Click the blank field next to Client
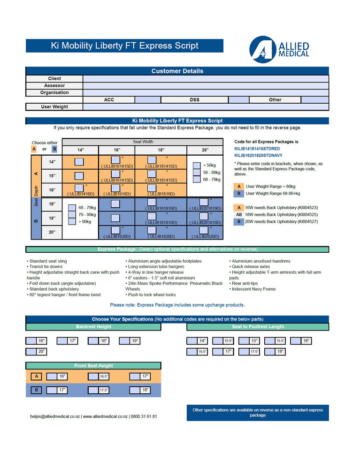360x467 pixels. click(x=206, y=79)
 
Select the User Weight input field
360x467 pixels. click(x=206, y=107)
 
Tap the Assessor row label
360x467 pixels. click(x=54, y=86)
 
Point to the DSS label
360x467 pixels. click(x=194, y=100)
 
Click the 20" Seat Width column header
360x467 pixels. click(x=205, y=150)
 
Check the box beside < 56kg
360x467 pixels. click(x=197, y=166)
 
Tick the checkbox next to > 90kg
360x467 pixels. click(x=72, y=222)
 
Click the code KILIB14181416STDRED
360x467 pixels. click(x=257, y=148)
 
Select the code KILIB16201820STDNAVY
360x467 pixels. click(x=258, y=155)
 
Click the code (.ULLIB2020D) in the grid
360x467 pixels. click(x=205, y=237)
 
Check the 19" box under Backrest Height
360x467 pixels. click(x=124, y=341)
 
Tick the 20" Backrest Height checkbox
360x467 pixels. click(x=31, y=352)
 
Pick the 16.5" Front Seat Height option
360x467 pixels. click(x=93, y=376)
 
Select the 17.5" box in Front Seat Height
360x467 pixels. click(x=93, y=390)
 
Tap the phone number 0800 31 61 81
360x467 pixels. click(x=144, y=416)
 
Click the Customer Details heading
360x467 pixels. click(x=177, y=71)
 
